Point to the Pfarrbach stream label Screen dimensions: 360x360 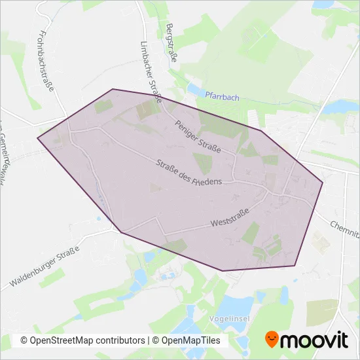pos(222,96)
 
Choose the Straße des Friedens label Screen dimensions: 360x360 pos(190,172)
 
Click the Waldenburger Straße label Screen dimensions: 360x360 pos(45,267)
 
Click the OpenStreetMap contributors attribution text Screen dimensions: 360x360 pos(82,340)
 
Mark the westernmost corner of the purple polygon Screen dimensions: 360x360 pos(38,137)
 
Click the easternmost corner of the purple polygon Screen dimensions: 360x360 pos(323,183)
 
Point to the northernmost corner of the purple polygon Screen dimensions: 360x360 pos(113,89)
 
